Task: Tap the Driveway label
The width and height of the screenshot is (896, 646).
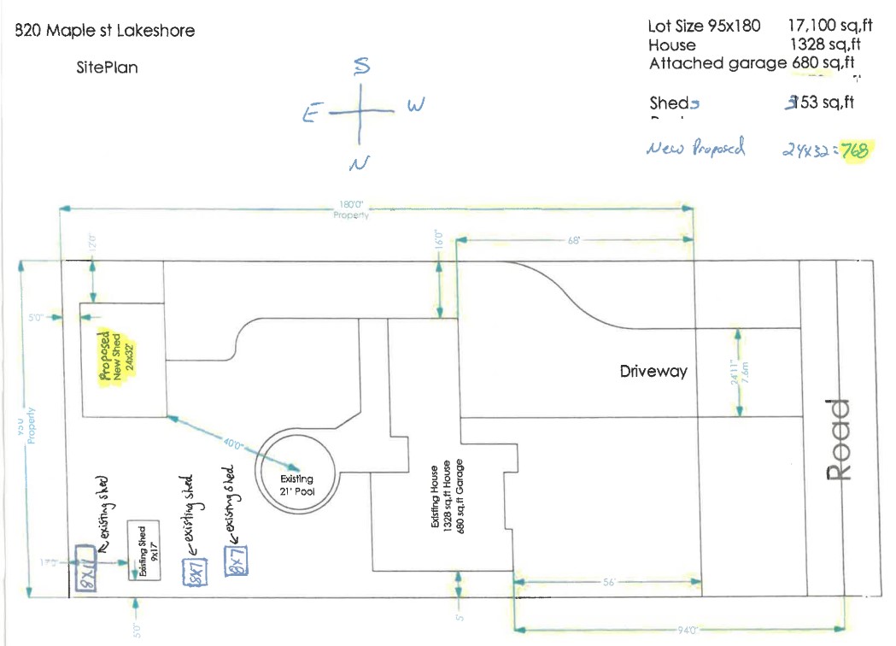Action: point(653,372)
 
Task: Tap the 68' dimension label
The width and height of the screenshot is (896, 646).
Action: point(574,241)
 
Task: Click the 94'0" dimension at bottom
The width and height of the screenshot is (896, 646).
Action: point(687,630)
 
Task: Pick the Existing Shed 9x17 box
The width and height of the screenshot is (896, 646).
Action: point(144,551)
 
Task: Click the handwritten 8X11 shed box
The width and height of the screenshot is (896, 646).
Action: point(85,569)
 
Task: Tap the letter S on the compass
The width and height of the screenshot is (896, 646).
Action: point(361,66)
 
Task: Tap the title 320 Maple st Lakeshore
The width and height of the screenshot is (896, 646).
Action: point(105,32)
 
